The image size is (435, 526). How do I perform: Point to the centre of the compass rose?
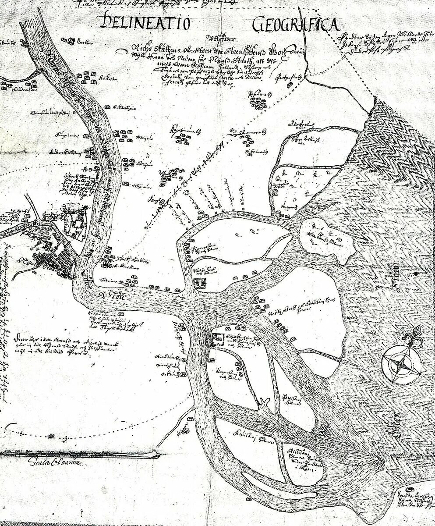point(399,364)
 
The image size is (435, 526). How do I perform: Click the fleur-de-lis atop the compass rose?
point(417,332)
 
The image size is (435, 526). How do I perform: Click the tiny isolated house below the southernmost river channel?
point(248,499)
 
